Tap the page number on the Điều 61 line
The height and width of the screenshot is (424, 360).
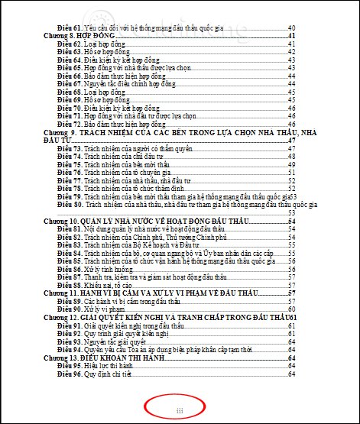pyautogui.click(x=291, y=28)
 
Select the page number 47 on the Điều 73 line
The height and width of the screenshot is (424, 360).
pyautogui.click(x=291, y=150)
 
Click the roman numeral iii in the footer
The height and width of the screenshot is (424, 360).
pyautogui.click(x=180, y=410)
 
